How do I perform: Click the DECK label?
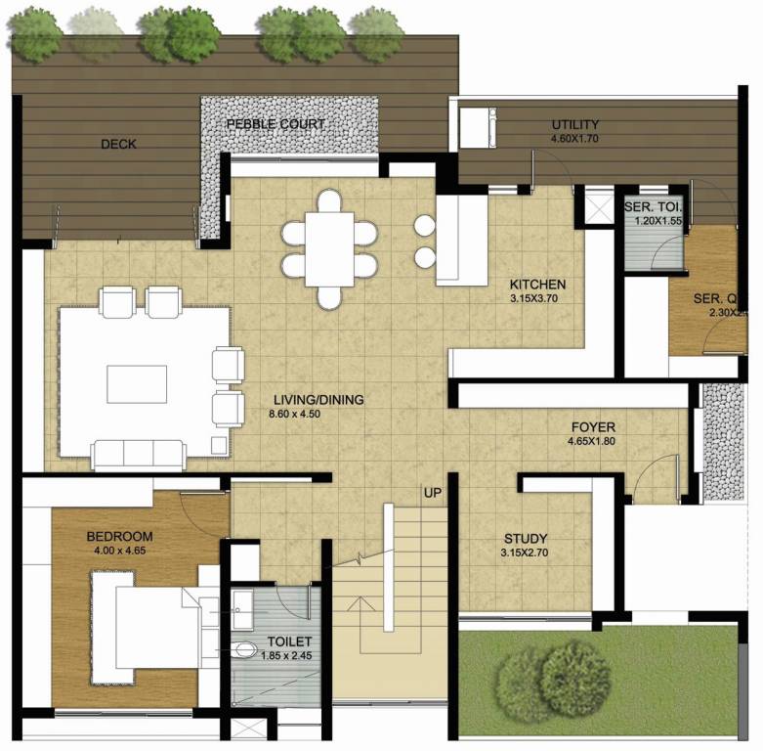pos(118,145)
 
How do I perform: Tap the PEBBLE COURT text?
pos(276,124)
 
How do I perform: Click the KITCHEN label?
pos(537,285)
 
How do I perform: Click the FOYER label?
pos(593,427)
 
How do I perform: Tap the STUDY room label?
pos(525,539)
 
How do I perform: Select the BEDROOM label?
pos(119,537)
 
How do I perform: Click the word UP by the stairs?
pos(432,492)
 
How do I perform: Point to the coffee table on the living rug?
pos(136,384)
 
